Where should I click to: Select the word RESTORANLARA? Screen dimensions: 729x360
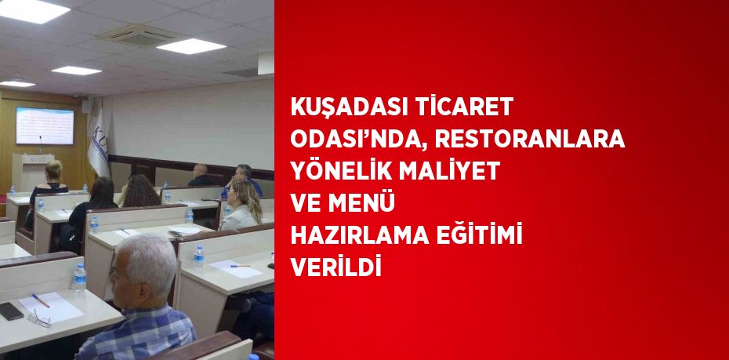click(530, 139)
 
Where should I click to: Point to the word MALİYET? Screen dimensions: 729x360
click(449, 170)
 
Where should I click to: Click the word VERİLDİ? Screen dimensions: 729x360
click(335, 266)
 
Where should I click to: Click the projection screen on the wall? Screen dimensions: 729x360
click(45, 125)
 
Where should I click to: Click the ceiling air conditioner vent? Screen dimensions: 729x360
click(141, 36)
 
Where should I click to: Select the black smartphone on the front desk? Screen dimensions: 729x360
click(11, 311)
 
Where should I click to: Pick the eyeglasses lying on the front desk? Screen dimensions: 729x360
click(39, 318)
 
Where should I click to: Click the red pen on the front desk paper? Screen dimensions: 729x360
click(41, 300)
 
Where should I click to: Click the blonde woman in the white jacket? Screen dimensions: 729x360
click(241, 205)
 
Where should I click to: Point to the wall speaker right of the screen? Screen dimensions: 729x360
click(86, 107)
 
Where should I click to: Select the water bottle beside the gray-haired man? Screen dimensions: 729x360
click(80, 278)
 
